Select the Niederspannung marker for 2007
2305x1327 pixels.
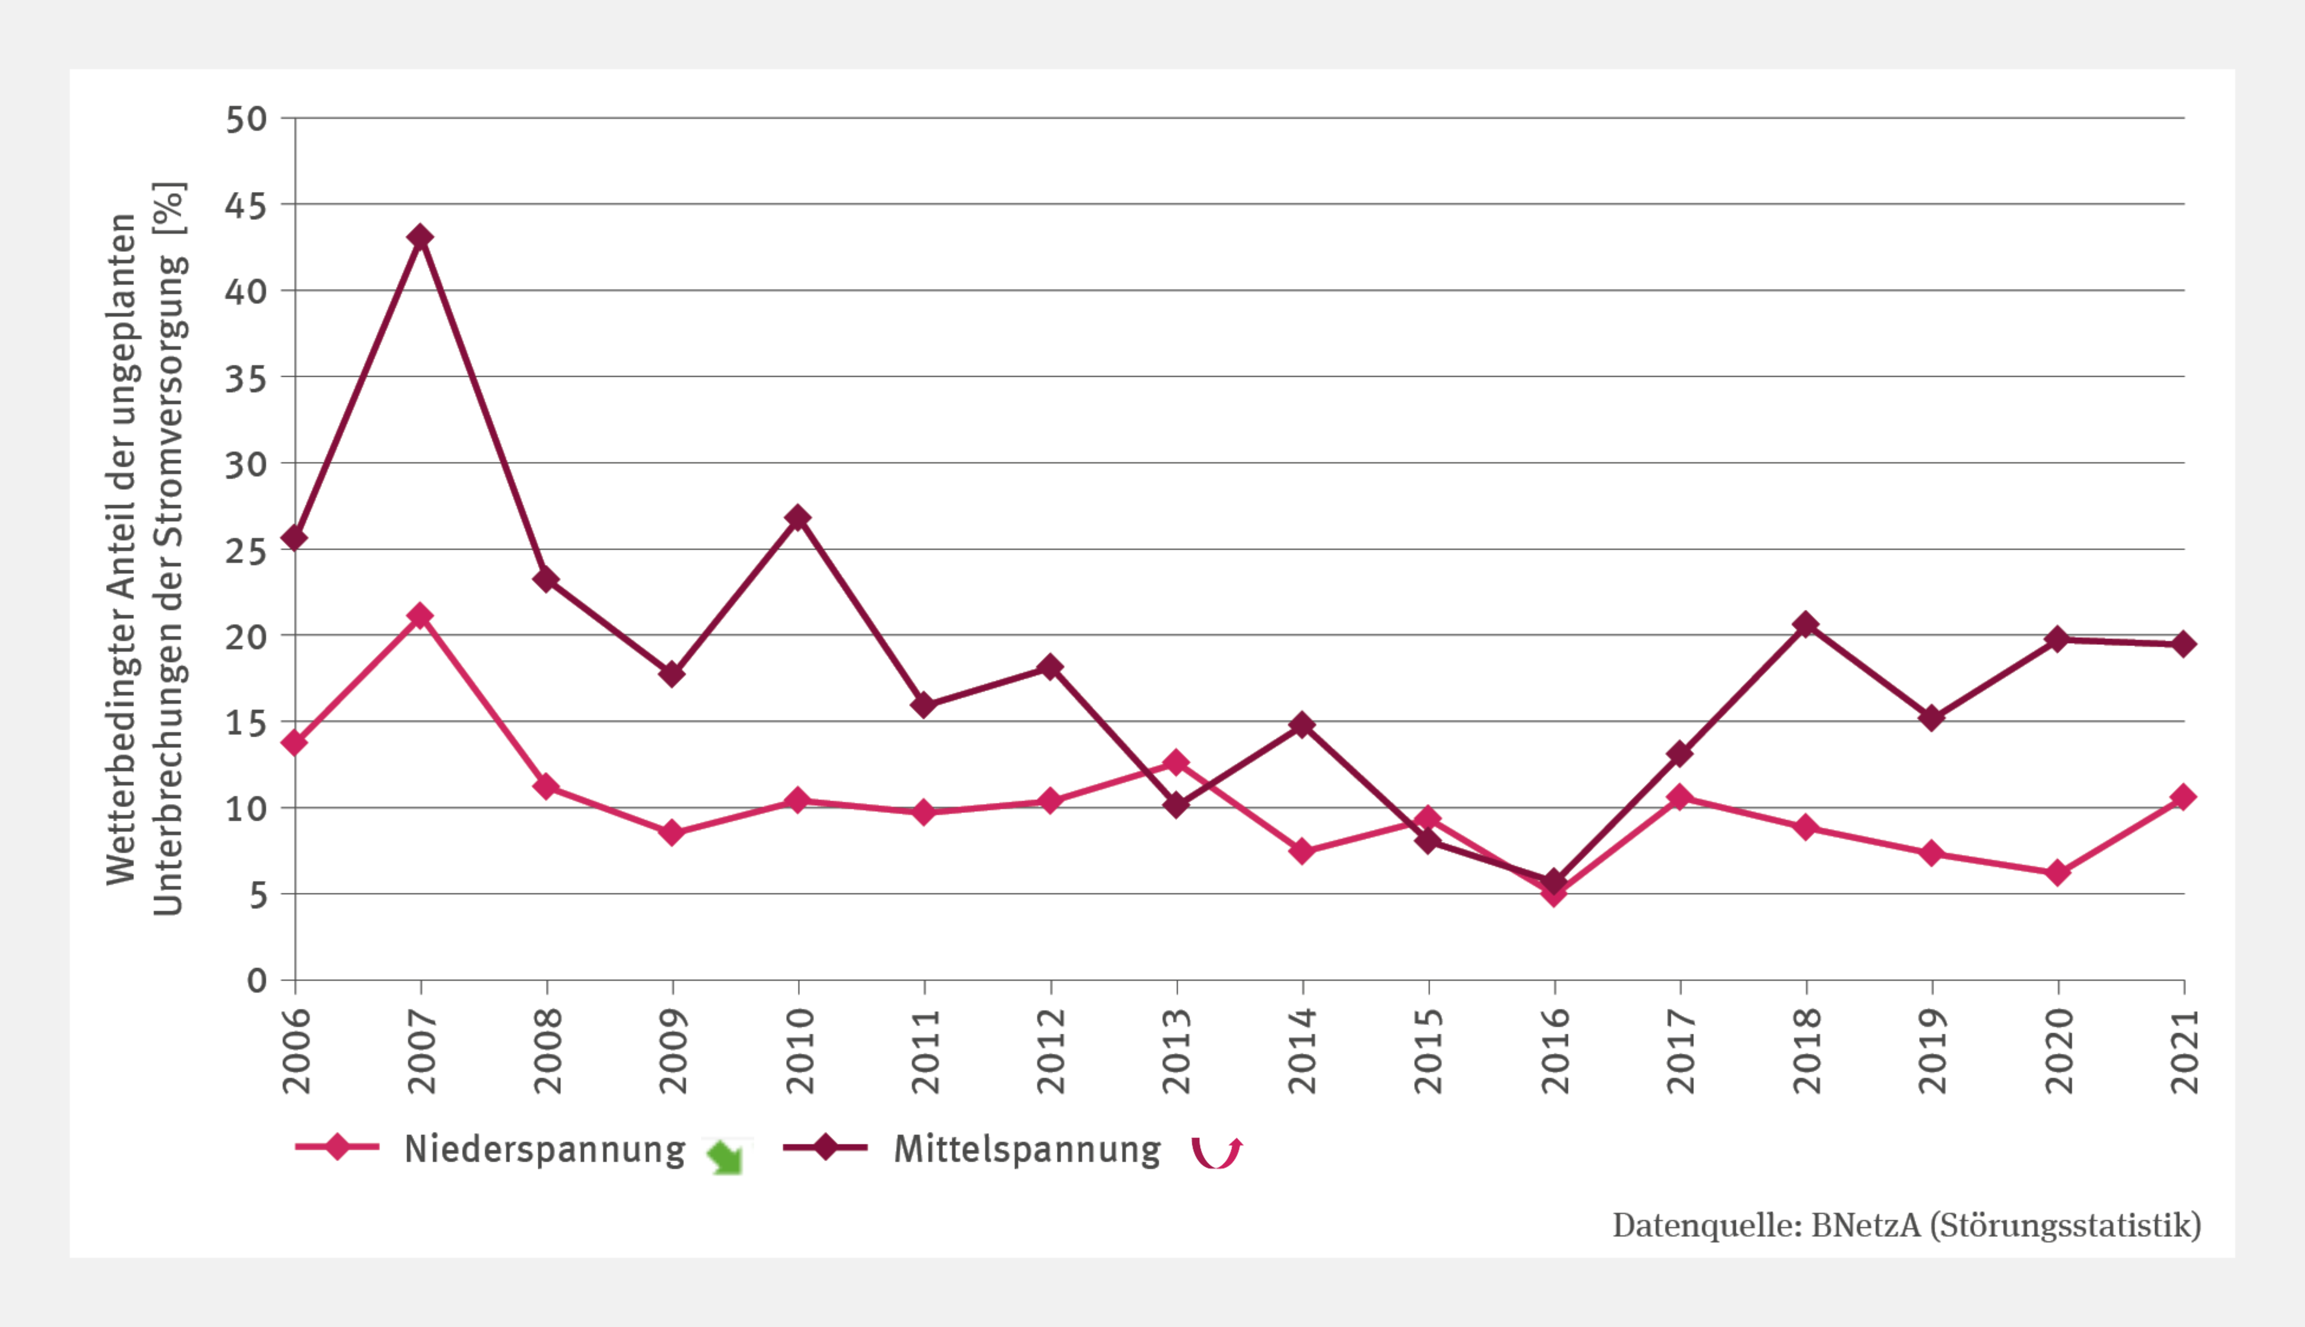(420, 616)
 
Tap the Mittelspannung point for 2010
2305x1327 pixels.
(798, 518)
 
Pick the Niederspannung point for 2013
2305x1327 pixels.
(1176, 762)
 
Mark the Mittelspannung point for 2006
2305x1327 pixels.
(294, 539)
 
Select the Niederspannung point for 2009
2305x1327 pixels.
(672, 832)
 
